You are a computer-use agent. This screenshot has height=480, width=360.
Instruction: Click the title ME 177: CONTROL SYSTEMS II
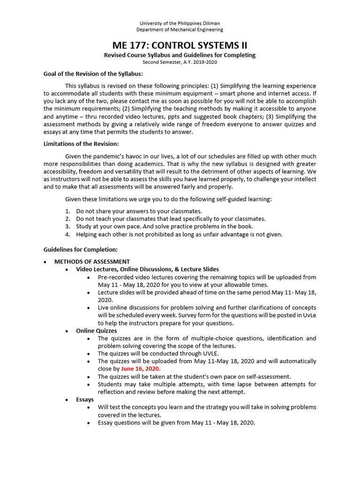point(180,45)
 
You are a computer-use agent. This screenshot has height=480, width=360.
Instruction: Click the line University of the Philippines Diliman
point(180,23)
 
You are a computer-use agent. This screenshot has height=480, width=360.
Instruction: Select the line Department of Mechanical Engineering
point(180,30)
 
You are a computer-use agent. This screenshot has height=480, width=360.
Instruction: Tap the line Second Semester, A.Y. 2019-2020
point(180,62)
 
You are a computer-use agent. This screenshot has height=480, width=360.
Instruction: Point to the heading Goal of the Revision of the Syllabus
point(93,74)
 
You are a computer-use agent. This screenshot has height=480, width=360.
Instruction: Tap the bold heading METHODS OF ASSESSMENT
point(92,262)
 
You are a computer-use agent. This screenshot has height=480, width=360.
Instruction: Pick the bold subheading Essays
point(85,399)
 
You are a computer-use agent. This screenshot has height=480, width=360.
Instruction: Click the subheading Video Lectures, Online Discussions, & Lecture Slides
point(147,269)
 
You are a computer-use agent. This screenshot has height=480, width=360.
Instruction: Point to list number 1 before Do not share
point(67,211)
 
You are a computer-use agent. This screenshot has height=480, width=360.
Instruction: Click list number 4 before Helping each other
point(67,234)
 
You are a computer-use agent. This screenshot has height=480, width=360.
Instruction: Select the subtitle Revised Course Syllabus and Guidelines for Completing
point(180,55)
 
